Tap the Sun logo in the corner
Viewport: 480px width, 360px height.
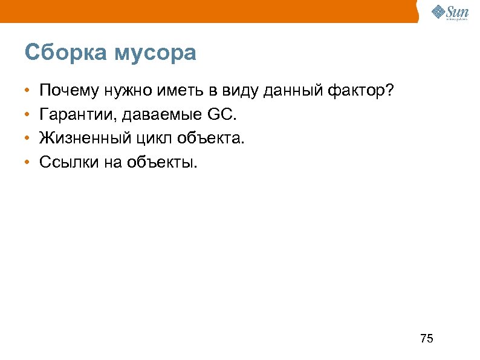[x=451, y=11]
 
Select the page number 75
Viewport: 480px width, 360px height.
[x=426, y=338]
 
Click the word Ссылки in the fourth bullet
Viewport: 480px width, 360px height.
[x=64, y=162]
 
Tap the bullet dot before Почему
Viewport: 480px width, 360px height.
[x=28, y=91]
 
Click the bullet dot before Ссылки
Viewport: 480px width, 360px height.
[x=28, y=162]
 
